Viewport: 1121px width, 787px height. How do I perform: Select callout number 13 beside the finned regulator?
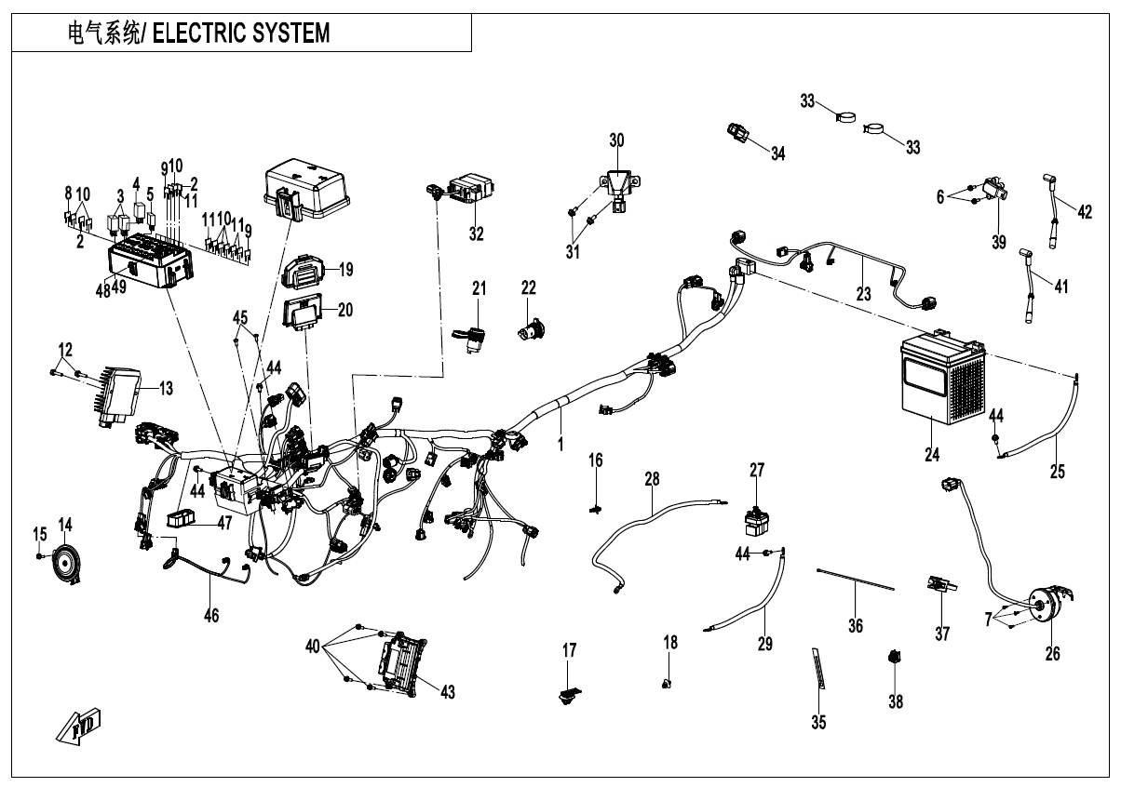(x=166, y=389)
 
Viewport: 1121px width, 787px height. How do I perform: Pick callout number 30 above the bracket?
(x=616, y=140)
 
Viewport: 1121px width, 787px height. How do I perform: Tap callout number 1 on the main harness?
(x=560, y=445)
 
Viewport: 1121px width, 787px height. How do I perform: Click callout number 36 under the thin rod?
(x=855, y=626)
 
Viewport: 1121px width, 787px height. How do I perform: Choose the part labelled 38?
(x=895, y=660)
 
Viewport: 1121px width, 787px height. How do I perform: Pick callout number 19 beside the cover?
(x=345, y=271)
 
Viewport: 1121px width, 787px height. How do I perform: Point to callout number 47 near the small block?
(x=223, y=523)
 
